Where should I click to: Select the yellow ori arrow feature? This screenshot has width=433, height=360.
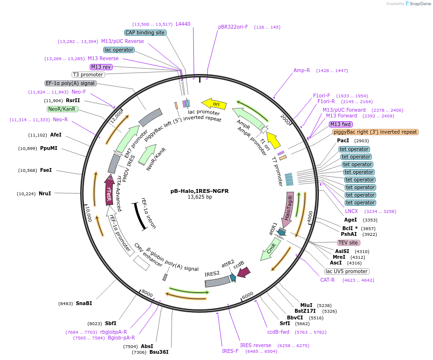(213, 103)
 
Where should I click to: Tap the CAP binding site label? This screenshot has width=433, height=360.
(145, 33)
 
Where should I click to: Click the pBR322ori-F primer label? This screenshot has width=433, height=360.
(233, 27)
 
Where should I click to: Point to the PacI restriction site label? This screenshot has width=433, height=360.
(343, 141)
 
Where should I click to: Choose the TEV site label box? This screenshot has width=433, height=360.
(348, 243)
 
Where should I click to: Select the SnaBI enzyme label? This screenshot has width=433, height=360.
(84, 303)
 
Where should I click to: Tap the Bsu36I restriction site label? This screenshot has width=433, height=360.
(159, 352)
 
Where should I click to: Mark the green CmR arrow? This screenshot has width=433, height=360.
(269, 250)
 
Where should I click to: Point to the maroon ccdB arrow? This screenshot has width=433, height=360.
(243, 273)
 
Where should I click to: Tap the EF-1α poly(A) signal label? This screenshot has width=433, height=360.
(71, 83)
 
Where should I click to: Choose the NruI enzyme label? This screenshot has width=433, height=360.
(45, 193)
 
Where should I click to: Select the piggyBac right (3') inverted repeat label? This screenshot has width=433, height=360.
(375, 132)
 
